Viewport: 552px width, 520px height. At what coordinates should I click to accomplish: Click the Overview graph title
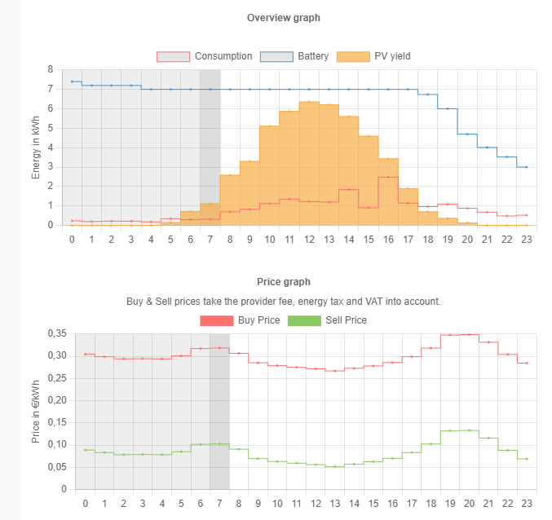point(283,18)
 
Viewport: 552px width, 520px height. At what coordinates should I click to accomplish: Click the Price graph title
point(283,282)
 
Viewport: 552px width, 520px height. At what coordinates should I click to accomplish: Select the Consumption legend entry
point(205,56)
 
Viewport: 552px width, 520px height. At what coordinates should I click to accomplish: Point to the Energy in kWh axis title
point(36,148)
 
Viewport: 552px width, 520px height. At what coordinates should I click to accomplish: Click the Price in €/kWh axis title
point(36,412)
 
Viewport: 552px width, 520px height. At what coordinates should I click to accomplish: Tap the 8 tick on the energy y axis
point(51,69)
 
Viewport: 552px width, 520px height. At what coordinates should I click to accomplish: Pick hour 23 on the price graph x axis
point(527,504)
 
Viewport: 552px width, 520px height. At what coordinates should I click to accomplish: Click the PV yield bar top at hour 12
point(309,102)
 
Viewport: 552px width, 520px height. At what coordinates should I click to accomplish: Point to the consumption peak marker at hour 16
point(388,177)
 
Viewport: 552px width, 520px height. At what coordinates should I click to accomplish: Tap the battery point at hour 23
point(526,167)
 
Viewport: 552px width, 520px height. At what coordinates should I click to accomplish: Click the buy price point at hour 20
point(468,334)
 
